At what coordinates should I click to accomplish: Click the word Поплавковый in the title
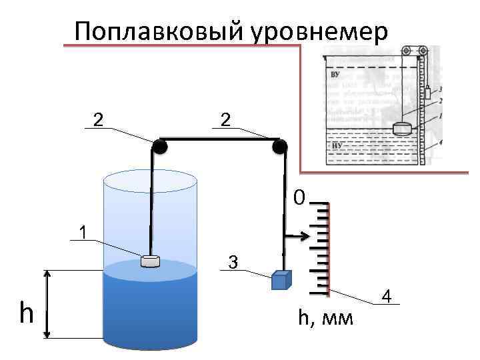coord(161,31)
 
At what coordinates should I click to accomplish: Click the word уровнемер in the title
coord(319,31)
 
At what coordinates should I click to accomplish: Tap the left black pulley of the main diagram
coord(159,147)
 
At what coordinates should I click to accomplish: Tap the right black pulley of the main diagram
coord(279,146)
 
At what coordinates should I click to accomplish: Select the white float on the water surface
coord(151,261)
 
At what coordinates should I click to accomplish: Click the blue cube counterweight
coord(280,280)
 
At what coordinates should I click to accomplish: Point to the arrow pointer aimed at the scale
coord(296,235)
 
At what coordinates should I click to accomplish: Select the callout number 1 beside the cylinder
coord(82,233)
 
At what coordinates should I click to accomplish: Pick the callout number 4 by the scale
coord(387,296)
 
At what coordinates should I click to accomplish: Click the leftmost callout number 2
coord(98,119)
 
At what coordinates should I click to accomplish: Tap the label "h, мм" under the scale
coord(326,319)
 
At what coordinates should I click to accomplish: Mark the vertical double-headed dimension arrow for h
coord(47,304)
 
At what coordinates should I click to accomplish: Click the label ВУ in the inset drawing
coord(335,74)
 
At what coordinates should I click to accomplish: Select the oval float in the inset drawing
coord(404,129)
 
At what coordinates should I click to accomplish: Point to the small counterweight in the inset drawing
coord(427,93)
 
